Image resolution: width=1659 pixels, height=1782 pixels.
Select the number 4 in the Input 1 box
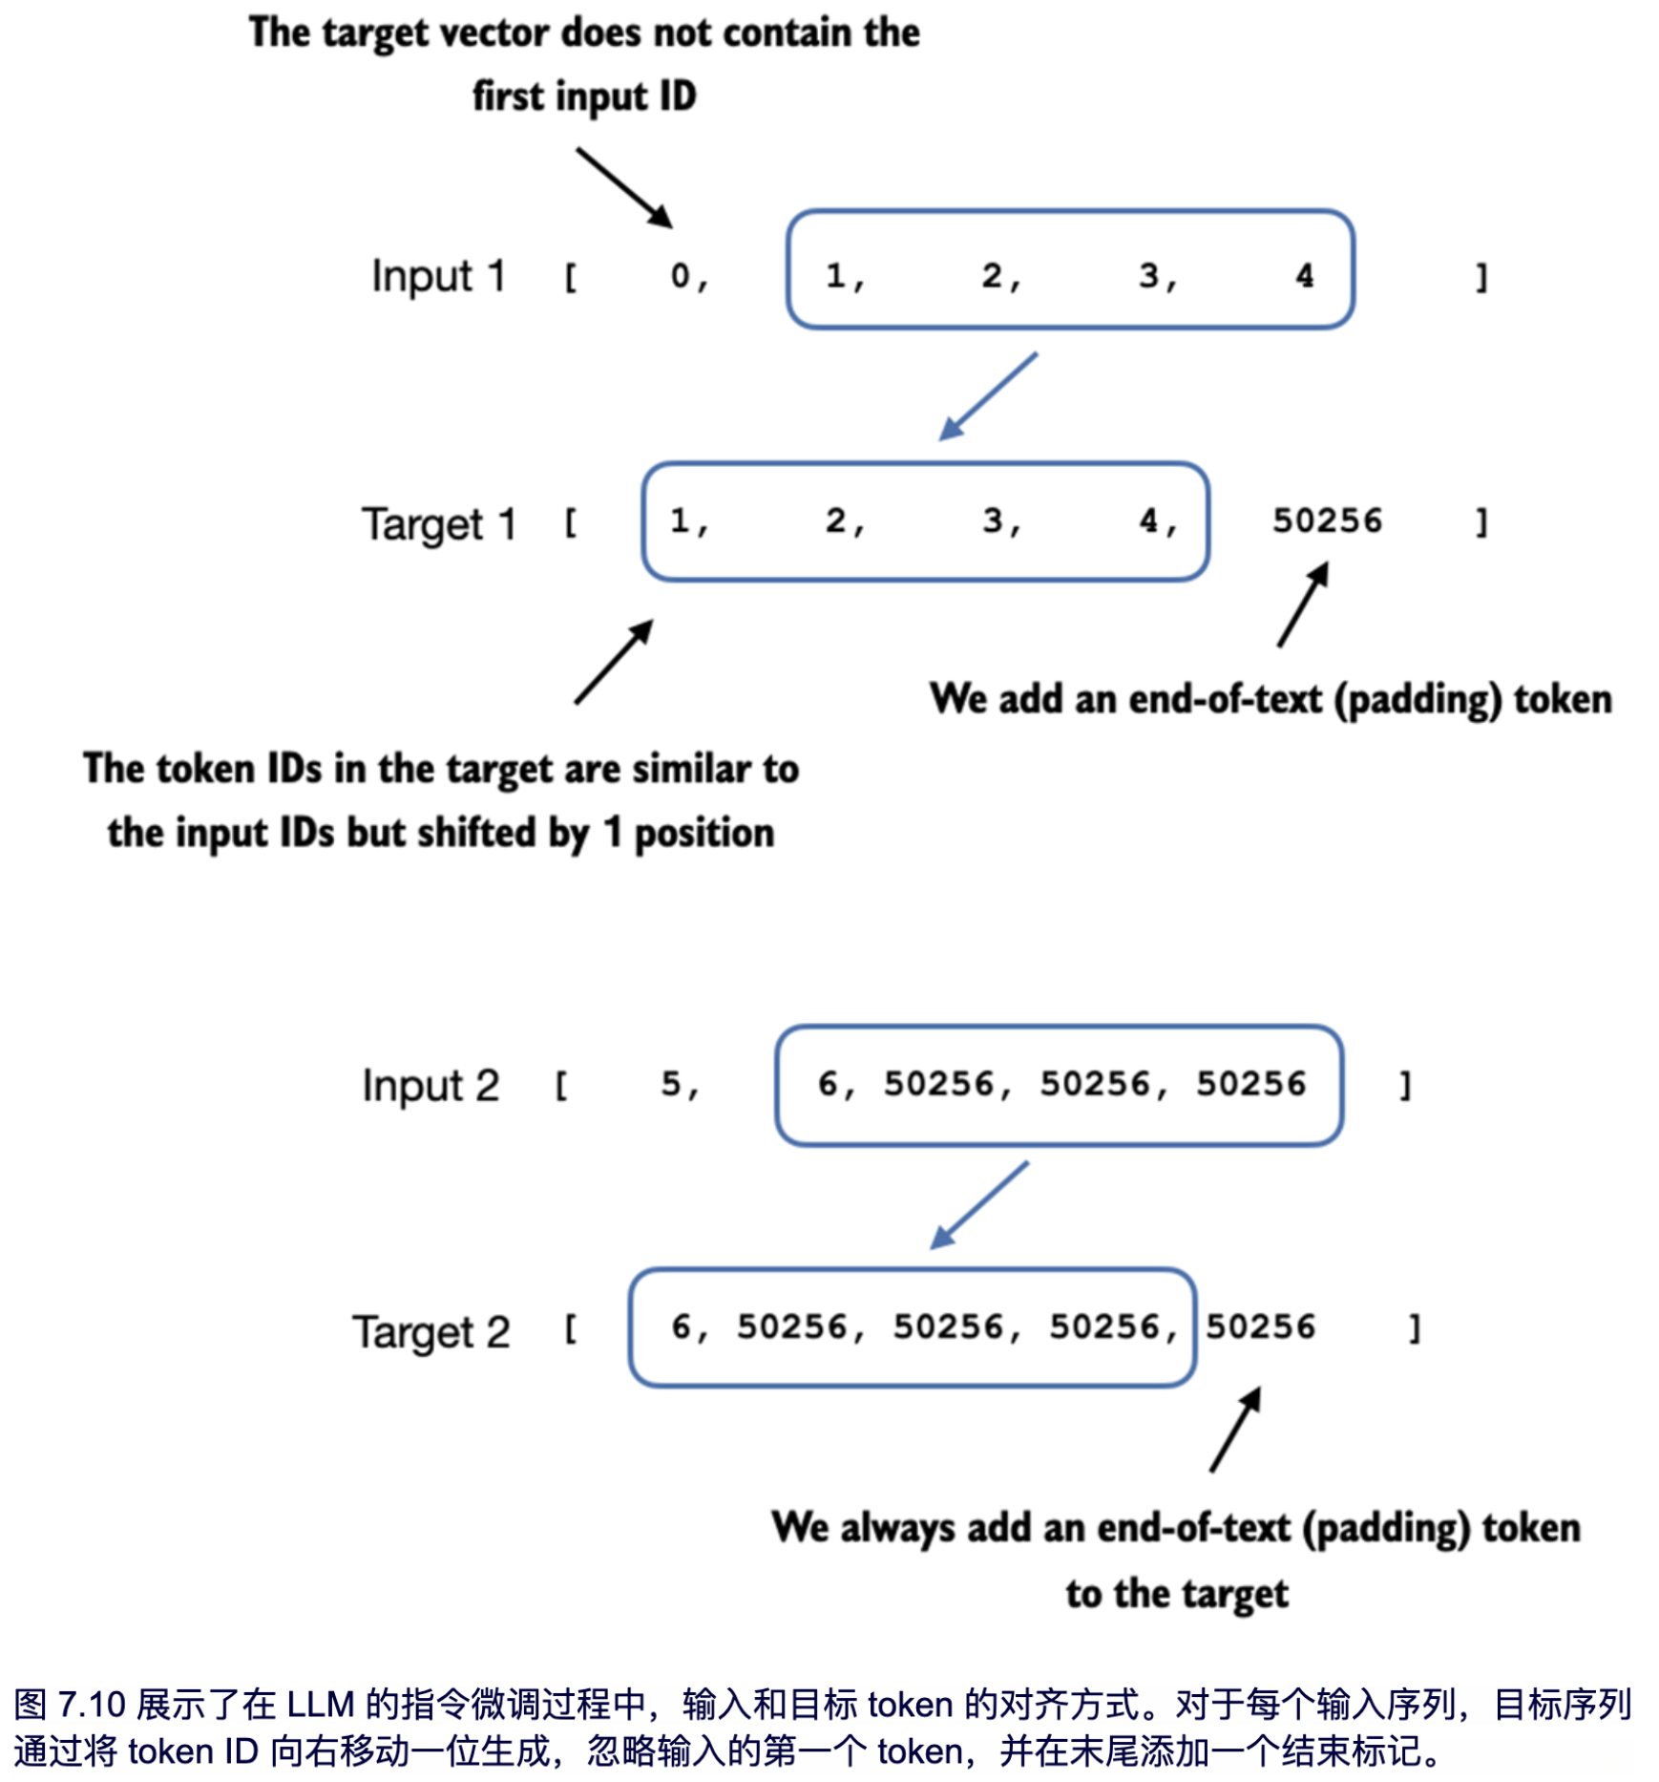coord(1304,275)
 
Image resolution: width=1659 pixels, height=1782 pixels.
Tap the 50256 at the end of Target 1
coord(1327,520)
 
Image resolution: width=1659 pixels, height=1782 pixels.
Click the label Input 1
coord(438,276)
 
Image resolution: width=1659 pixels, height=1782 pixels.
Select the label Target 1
coord(438,523)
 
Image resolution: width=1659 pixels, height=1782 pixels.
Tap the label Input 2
coord(430,1086)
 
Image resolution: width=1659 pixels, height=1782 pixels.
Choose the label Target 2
coord(430,1331)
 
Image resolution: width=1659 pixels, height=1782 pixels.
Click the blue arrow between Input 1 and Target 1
coord(988,396)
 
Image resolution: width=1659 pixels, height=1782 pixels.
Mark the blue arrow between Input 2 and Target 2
coord(979,1205)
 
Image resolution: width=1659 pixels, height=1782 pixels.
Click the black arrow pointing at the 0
coord(624,187)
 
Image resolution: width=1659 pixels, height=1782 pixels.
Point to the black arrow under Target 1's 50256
coord(1303,604)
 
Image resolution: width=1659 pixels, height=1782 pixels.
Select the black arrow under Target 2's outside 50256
coord(1235,1430)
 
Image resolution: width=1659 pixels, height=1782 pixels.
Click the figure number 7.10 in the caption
coord(92,1705)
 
